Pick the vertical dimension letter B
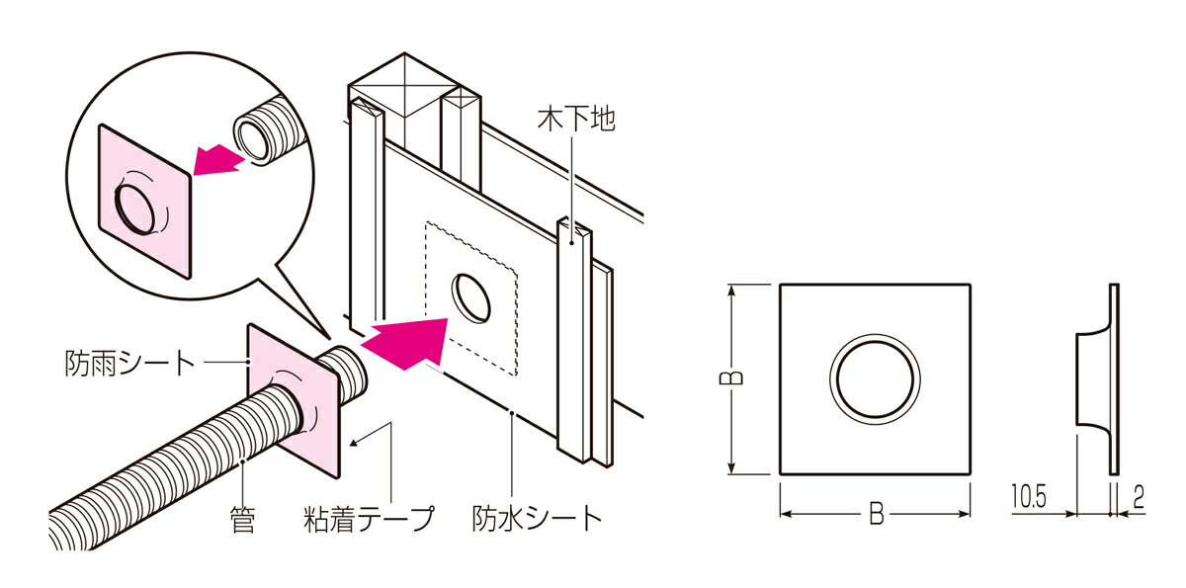tap(736, 378)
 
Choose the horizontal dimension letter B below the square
tap(876, 514)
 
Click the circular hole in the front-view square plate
tap(876, 378)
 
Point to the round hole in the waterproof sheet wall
tap(471, 297)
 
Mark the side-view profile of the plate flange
tap(1097, 379)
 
